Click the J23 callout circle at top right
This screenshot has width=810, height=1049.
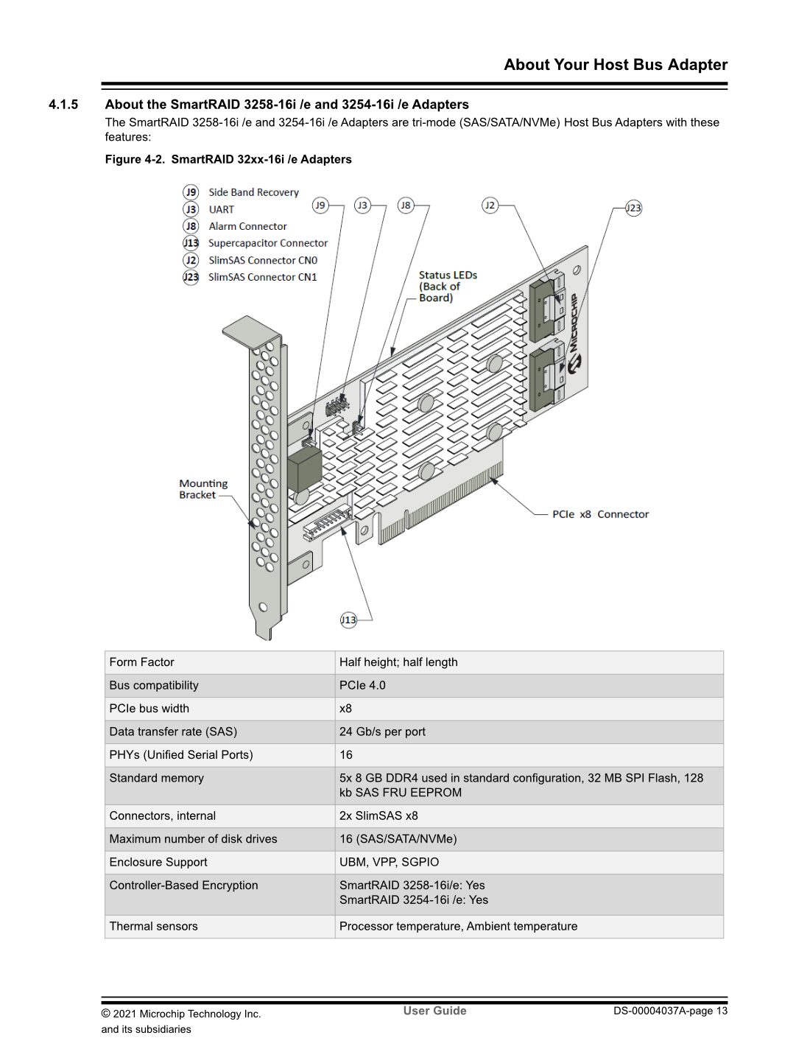click(x=633, y=208)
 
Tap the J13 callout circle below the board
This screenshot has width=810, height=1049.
click(x=348, y=620)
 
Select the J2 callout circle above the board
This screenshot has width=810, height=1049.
click(x=490, y=205)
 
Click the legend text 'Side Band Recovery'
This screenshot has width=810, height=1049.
click(x=253, y=192)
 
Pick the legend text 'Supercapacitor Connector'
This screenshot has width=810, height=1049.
click(x=267, y=243)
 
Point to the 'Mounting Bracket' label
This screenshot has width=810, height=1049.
click(x=203, y=489)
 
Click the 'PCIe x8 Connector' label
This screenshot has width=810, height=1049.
click(x=600, y=514)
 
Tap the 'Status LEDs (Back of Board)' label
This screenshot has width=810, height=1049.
click(x=448, y=286)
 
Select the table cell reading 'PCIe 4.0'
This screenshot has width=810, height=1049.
click(x=362, y=685)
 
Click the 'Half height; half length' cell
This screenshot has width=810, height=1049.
click(x=398, y=662)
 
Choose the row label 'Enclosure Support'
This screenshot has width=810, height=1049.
click(x=158, y=862)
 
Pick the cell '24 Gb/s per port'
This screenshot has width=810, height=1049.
click(x=382, y=732)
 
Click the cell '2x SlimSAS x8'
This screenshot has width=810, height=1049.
click(x=378, y=815)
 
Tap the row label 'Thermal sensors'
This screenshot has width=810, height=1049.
click(x=153, y=926)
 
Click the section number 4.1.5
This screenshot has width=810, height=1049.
click(x=63, y=105)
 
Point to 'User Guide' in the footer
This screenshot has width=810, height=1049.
click(x=434, y=1011)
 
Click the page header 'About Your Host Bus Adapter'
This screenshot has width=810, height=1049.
click(x=616, y=65)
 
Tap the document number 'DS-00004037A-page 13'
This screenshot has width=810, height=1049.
click(x=670, y=1011)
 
